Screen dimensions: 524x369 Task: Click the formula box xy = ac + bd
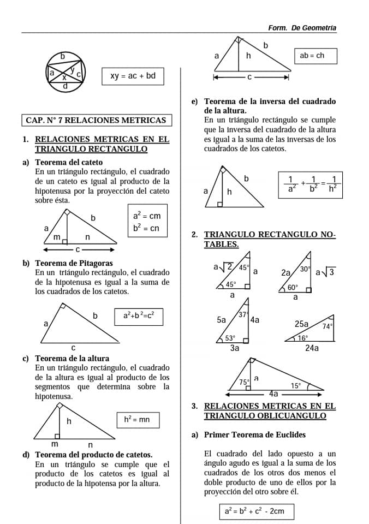tap(133, 76)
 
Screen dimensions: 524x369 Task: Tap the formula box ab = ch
tap(316, 56)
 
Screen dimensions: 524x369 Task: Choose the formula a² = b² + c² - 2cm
tap(255, 511)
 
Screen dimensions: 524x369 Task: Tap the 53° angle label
tap(231, 338)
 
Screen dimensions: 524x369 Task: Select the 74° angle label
tap(328, 326)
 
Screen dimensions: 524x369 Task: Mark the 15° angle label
tap(295, 385)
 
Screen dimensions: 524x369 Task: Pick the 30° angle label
tap(305, 269)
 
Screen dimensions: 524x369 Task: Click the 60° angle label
tap(293, 288)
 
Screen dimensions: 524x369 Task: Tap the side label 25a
tap(301, 324)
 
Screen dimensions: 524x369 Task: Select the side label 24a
tap(312, 347)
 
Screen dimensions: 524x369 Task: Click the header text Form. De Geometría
tap(302, 28)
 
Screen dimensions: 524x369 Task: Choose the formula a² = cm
tap(147, 216)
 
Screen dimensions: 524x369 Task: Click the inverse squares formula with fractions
tap(312, 184)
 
